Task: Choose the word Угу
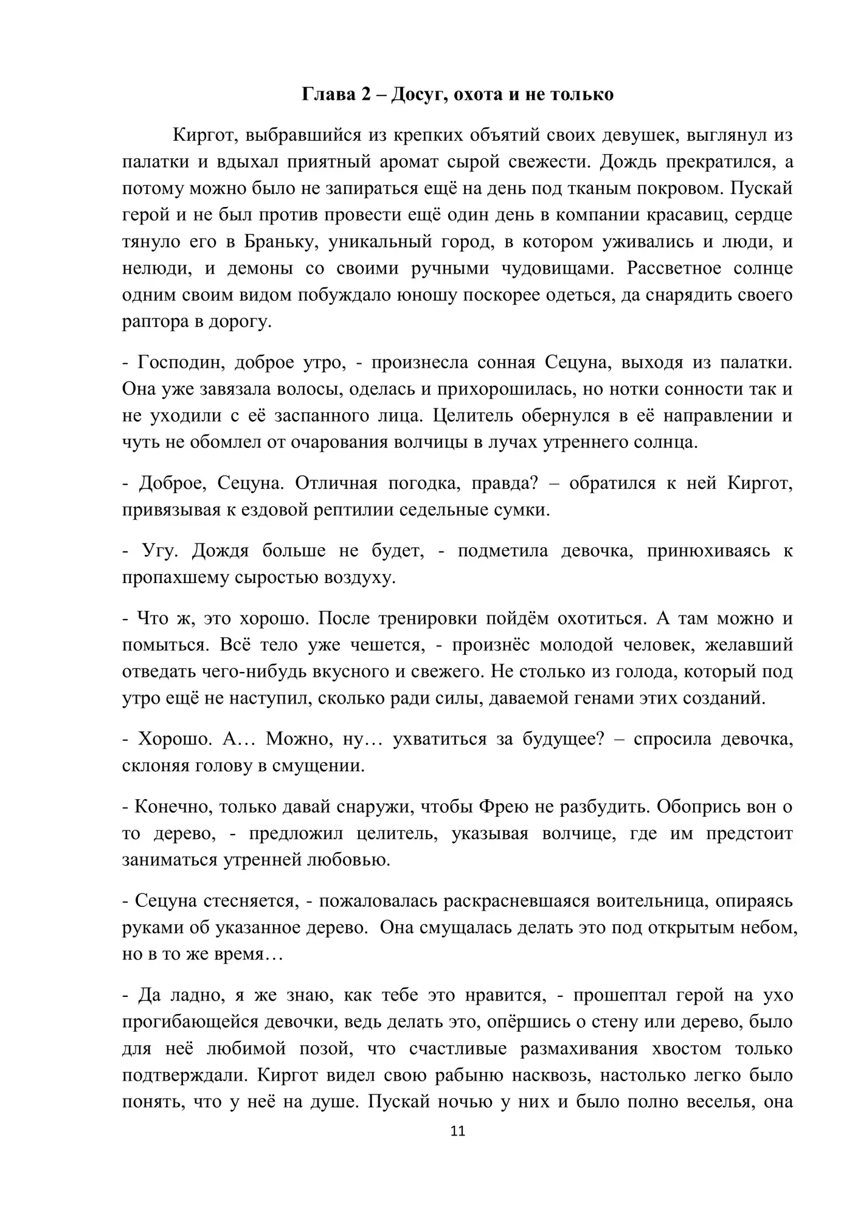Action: point(159,551)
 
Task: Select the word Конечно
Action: point(172,807)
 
